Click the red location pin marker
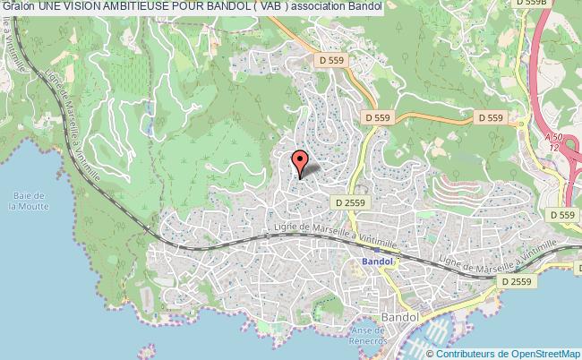(300, 162)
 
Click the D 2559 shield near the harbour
(517, 281)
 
